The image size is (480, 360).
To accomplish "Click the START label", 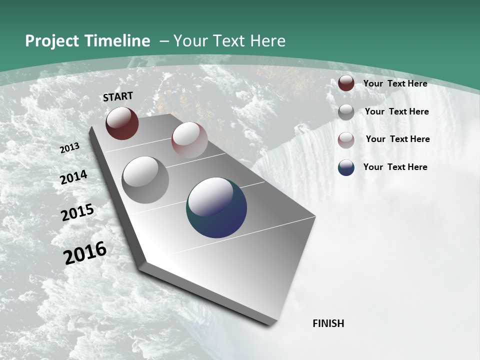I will tap(118, 96).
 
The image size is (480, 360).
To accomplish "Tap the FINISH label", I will tap(328, 323).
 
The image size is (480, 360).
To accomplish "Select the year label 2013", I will tap(70, 148).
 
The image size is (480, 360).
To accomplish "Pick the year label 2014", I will tap(74, 177).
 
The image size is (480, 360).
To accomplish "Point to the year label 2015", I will tap(77, 212).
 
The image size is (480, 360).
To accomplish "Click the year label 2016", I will tap(85, 253).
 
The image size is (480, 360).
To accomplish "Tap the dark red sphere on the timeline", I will tap(122, 123).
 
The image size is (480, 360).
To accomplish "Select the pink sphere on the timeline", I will tap(189, 140).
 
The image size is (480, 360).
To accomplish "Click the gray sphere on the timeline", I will tap(145, 180).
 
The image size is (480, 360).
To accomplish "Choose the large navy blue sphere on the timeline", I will tap(216, 207).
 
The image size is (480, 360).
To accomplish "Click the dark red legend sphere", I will tap(346, 83).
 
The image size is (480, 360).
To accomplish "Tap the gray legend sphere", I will tap(346, 112).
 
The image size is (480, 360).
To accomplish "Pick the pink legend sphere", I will tap(346, 139).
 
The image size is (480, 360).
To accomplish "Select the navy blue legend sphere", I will tap(346, 167).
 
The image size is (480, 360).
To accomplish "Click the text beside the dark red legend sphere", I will tap(395, 84).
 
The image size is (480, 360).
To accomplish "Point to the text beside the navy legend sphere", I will tap(395, 167).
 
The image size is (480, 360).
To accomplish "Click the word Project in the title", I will tap(51, 41).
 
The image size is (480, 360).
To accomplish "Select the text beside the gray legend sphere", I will tap(397, 111).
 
